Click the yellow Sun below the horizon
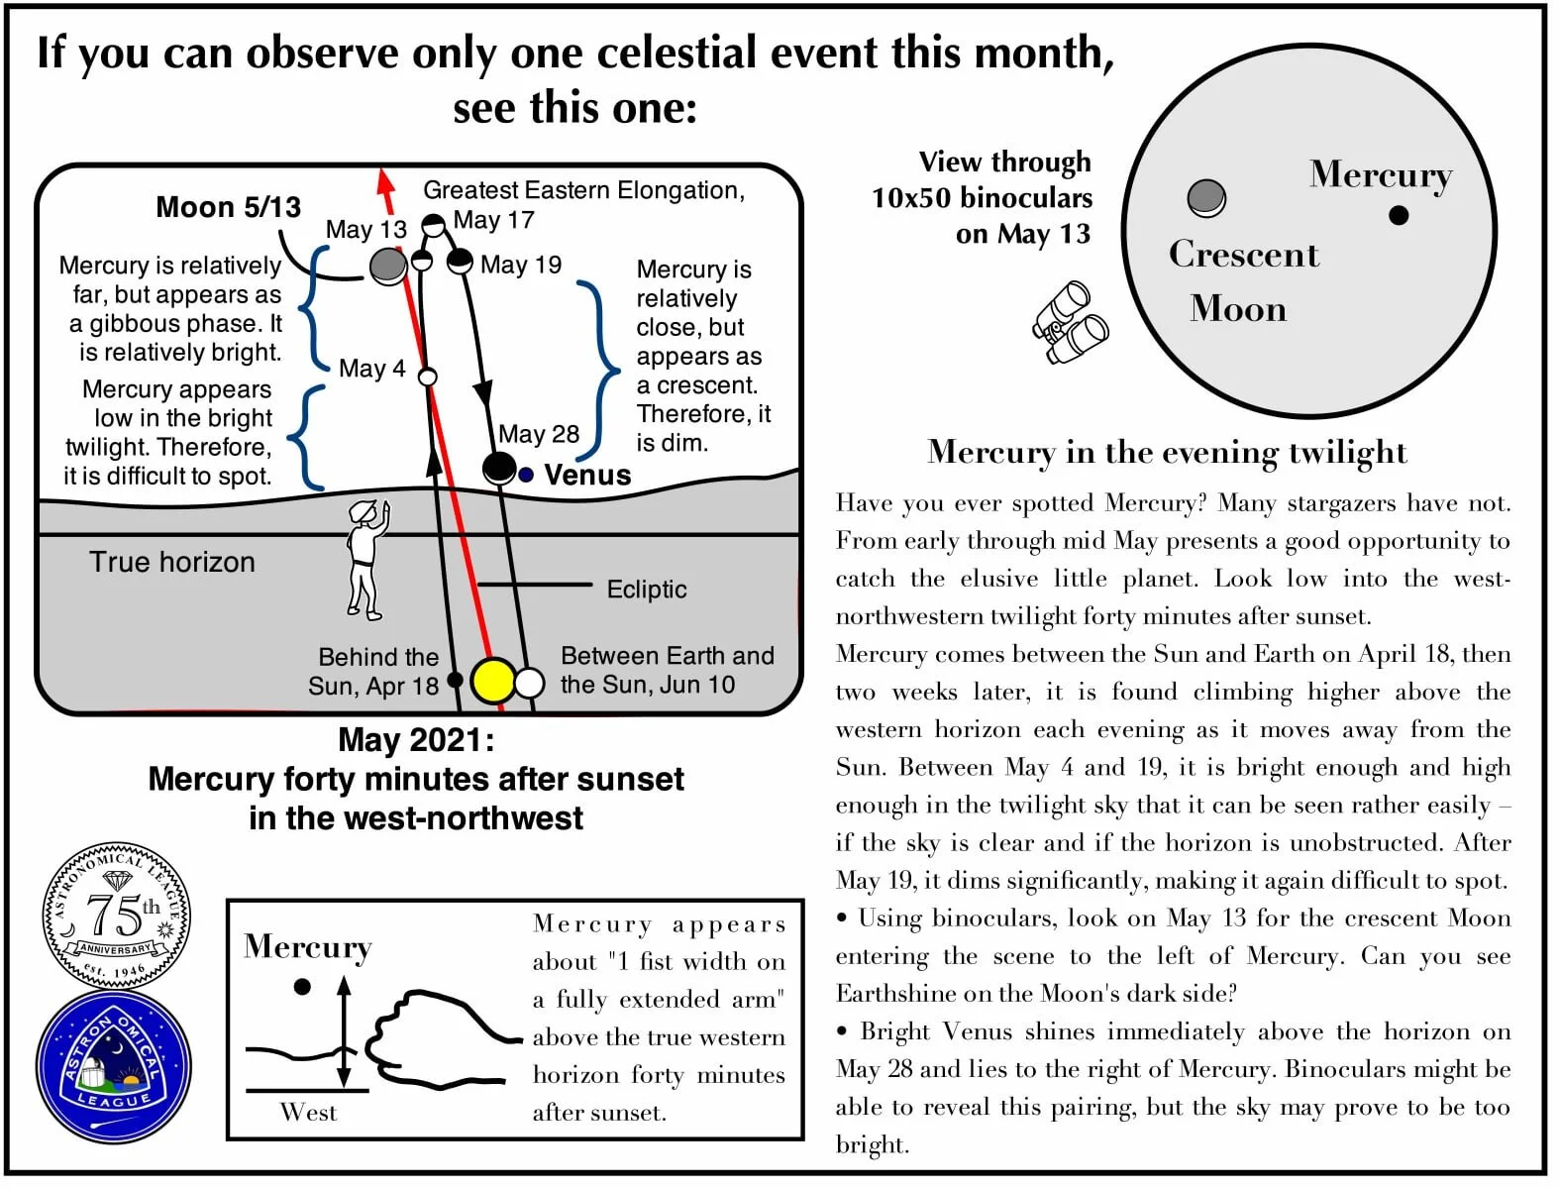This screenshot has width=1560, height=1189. [492, 681]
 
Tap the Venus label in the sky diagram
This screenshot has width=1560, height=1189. [587, 475]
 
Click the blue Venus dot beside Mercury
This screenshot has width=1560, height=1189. [526, 475]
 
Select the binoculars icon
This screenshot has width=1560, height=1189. [1070, 323]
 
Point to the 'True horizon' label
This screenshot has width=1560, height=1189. [172, 562]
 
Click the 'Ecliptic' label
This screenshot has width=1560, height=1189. [646, 590]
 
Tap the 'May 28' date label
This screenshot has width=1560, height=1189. [538, 434]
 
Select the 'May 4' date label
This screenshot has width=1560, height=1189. [371, 369]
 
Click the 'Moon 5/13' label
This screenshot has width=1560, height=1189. [228, 207]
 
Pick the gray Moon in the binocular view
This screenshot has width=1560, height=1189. [1205, 197]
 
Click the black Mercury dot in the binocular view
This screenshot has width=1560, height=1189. [1398, 215]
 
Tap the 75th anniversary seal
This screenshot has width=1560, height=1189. [117, 916]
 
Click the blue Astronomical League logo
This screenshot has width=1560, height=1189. [114, 1066]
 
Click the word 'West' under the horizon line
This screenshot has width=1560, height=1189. [308, 1113]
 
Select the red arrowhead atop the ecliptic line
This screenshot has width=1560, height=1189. [385, 182]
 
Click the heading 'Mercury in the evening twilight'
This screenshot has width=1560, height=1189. [1166, 452]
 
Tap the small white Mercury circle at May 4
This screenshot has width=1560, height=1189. [428, 378]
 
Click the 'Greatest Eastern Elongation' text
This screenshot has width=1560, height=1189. [583, 190]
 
